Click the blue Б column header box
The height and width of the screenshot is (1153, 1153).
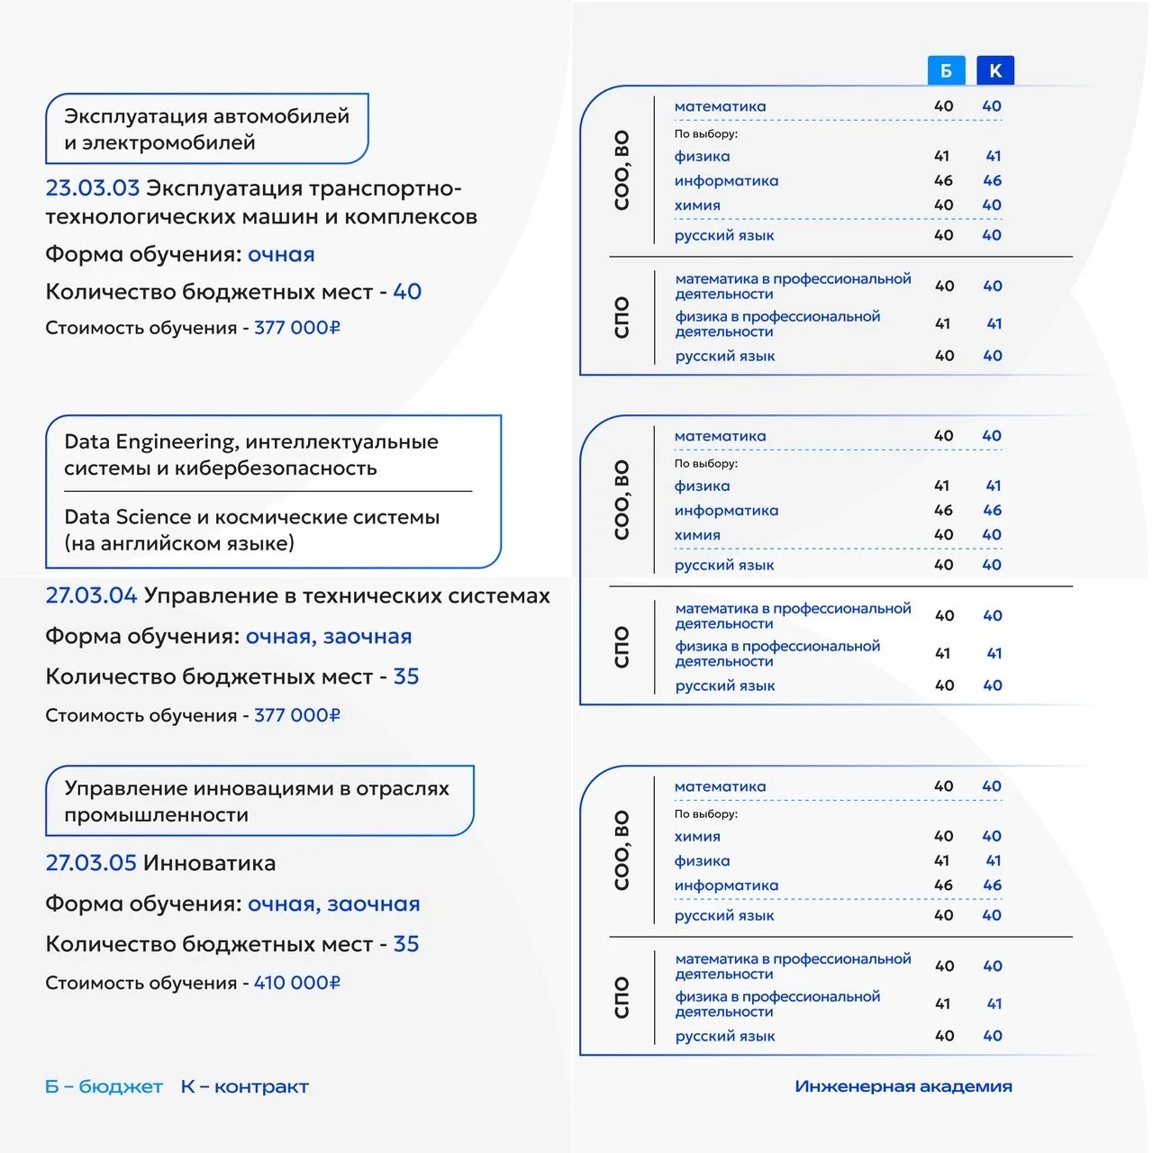click(x=946, y=70)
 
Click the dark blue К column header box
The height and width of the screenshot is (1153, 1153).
click(x=995, y=70)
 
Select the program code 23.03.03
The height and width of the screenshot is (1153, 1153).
click(x=93, y=188)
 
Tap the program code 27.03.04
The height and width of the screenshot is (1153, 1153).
click(x=91, y=595)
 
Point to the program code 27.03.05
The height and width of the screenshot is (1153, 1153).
click(x=91, y=863)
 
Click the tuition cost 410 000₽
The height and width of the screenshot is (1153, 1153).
click(x=297, y=983)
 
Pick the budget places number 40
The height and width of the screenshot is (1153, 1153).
click(x=407, y=292)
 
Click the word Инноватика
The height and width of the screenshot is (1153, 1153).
click(x=210, y=863)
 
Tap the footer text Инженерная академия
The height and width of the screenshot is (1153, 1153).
click(x=903, y=1086)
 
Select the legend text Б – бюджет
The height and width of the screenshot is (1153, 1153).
click(x=104, y=1086)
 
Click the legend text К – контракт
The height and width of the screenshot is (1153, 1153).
click(x=244, y=1086)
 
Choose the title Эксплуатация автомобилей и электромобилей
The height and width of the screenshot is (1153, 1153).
click(x=206, y=129)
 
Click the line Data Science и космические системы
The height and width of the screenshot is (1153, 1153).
click(x=252, y=517)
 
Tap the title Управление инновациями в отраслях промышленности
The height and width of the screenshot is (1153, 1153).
click(x=257, y=801)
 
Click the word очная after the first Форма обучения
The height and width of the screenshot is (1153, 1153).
click(x=281, y=254)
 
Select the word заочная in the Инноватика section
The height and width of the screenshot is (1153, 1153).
click(x=373, y=903)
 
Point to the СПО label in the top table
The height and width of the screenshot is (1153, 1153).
click(x=622, y=317)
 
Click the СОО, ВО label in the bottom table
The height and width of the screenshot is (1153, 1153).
click(x=622, y=850)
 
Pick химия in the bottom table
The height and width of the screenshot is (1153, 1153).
click(x=697, y=837)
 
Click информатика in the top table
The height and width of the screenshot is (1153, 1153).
click(x=726, y=181)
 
